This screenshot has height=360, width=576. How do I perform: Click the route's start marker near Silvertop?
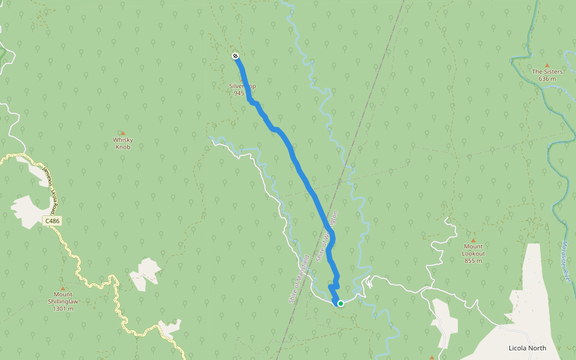pos(235,56)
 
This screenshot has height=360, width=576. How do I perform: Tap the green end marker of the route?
pos(340,304)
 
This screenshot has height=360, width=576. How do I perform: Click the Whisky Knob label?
pos(123,143)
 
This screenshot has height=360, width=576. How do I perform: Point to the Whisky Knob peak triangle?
pos(123,133)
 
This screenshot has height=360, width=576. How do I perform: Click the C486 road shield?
pos(53,221)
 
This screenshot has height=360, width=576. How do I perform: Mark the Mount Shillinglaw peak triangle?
pos(62,288)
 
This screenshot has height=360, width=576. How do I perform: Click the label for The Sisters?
pos(547,72)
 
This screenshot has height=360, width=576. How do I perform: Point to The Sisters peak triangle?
pos(547,65)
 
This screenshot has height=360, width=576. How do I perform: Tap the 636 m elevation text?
pos(547,79)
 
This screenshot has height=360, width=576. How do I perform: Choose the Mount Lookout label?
pos(473,250)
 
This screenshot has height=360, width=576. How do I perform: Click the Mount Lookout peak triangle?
pos(473,239)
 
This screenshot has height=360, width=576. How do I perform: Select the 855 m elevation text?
pos(473,260)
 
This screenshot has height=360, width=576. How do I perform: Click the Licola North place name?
pos(527,348)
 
